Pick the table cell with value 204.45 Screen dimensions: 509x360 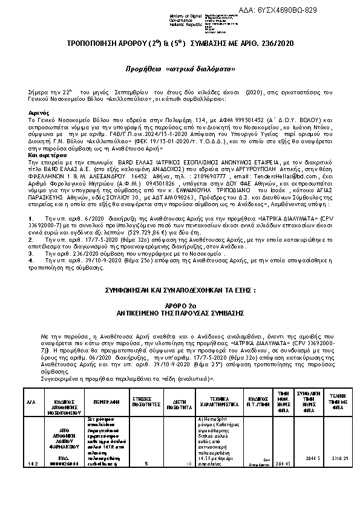tap(283, 463)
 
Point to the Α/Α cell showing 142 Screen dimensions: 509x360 tap(32, 463)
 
